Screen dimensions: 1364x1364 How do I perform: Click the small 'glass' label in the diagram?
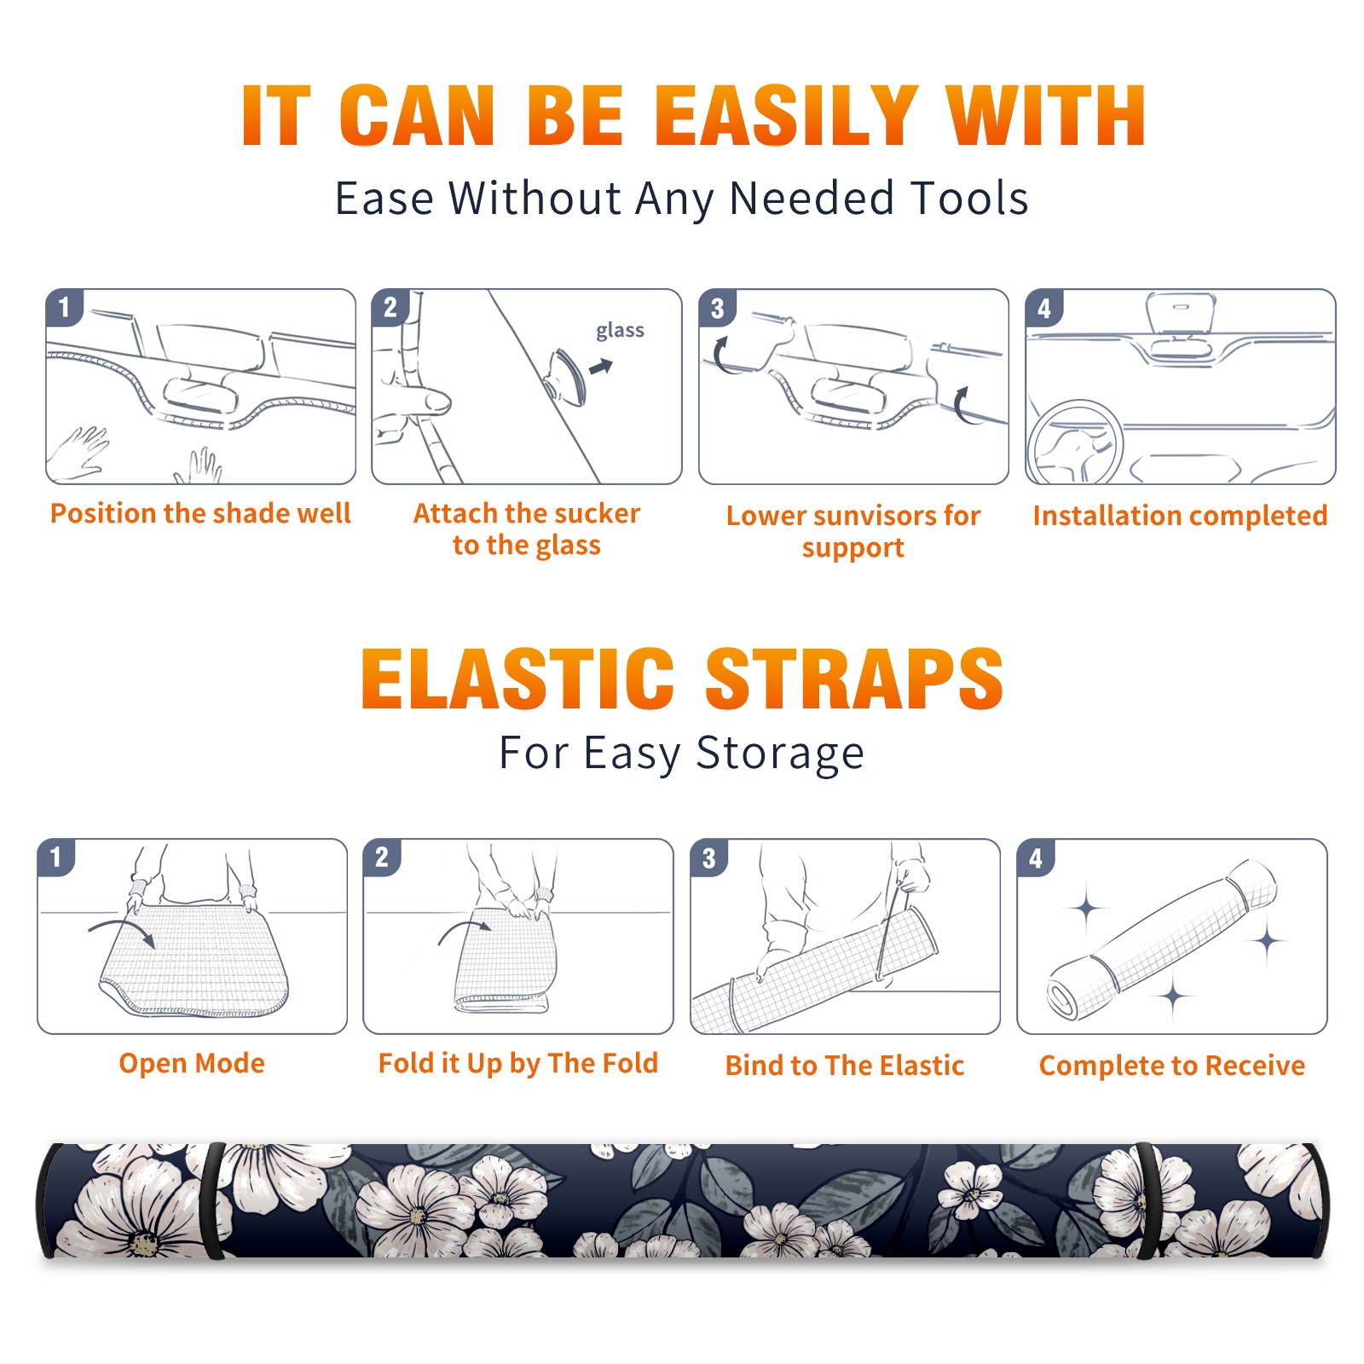620,331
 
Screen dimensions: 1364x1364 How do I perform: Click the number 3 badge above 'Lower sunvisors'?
717,309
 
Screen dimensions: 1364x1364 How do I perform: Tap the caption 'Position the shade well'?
200,513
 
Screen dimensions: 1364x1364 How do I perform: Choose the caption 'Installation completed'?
1180,515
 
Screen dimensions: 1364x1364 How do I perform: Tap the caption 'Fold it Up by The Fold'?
518,1063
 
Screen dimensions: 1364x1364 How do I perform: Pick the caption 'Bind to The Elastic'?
845,1066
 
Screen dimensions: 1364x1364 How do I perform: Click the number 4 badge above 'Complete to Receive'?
1036,858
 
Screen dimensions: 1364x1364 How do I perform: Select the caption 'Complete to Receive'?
1172,1066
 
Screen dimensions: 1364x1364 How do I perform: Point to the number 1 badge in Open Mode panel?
56,858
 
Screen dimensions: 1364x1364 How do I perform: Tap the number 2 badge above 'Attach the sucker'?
390,308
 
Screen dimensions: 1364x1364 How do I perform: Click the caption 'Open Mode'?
192,1064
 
